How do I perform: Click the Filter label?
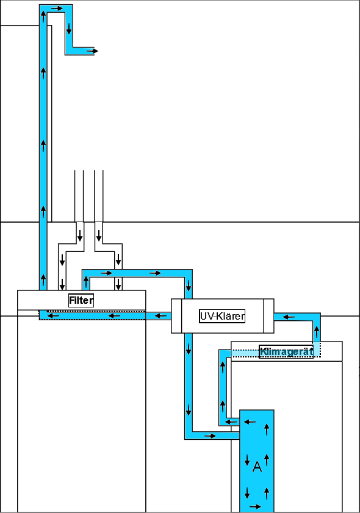click(x=81, y=300)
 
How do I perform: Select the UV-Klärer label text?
click(x=222, y=316)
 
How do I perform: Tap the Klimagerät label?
click(x=286, y=352)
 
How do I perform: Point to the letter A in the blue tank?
click(x=257, y=467)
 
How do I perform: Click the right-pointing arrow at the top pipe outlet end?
click(x=93, y=51)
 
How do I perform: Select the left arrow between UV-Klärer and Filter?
click(x=160, y=316)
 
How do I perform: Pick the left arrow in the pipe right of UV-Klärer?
click(x=289, y=317)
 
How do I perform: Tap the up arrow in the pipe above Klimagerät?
click(x=317, y=332)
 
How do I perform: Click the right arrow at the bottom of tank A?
click(x=255, y=507)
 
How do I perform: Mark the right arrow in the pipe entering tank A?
click(x=210, y=436)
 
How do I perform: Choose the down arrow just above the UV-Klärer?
click(x=189, y=285)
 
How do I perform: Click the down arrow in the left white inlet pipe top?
click(x=79, y=235)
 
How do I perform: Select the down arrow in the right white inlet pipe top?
click(x=99, y=235)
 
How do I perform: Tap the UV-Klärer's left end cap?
click(x=176, y=316)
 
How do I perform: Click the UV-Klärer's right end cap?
click(x=268, y=316)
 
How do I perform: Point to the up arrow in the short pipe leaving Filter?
click(x=86, y=282)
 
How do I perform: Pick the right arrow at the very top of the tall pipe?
click(x=57, y=8)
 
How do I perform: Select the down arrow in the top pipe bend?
click(x=69, y=29)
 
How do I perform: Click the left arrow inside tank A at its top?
click(x=250, y=422)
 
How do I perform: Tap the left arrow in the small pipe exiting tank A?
click(x=231, y=422)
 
